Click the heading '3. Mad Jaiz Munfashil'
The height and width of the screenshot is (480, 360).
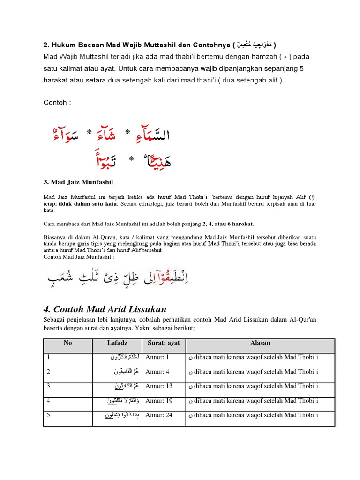pos(79,181)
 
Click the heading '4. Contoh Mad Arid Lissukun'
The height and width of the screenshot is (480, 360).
pos(105,309)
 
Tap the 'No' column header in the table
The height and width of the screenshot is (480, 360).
pos(68,343)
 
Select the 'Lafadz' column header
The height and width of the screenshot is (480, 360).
pos(117,343)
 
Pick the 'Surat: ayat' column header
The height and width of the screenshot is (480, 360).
pos(164,343)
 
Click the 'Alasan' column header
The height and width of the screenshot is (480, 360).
pos(260,343)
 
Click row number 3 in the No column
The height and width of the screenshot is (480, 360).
pos(48,386)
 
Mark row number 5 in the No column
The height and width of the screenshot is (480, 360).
pos(48,415)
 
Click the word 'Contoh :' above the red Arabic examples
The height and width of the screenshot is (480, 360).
pos(57,103)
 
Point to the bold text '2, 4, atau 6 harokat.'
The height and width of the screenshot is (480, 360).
pos(228,224)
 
